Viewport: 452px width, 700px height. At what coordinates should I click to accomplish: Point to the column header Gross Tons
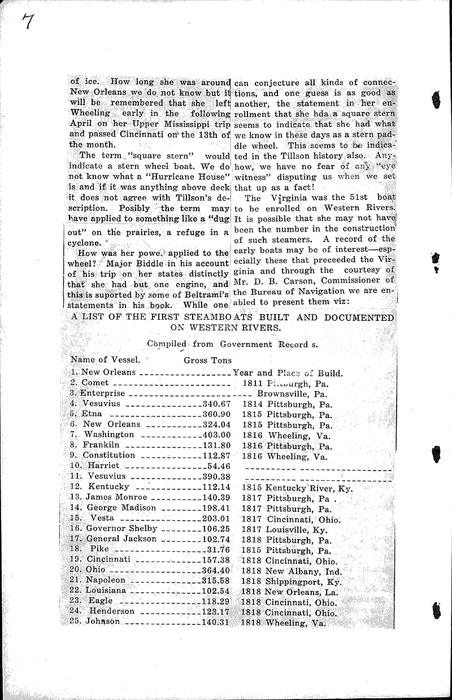tap(207, 359)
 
